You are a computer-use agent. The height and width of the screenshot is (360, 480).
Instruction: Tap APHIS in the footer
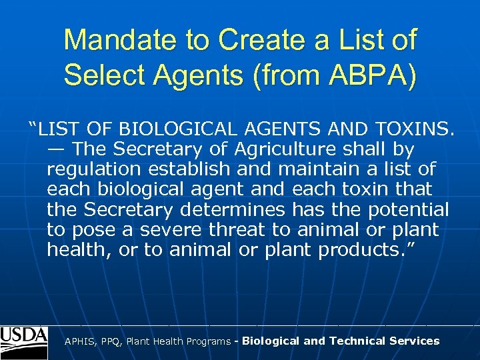click(80, 341)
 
